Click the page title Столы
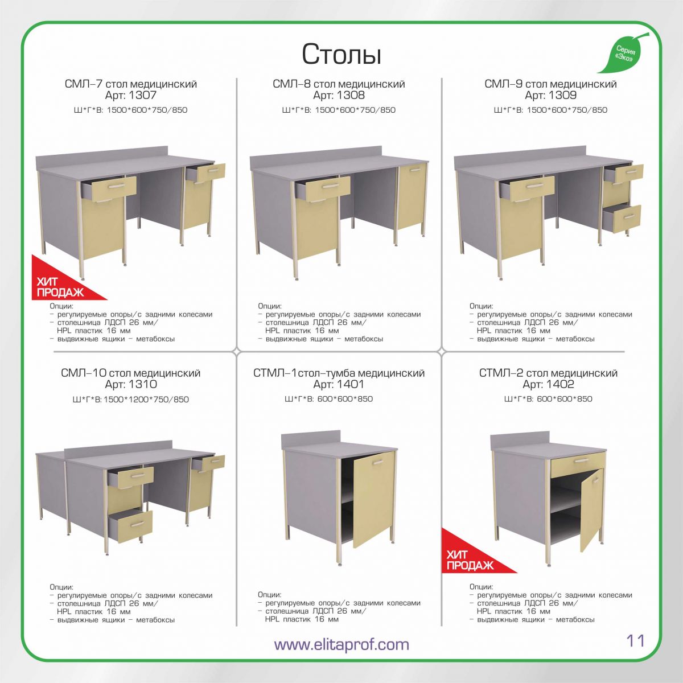[341, 54]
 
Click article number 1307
[142, 96]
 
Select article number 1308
[351, 96]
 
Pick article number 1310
[143, 384]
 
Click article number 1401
[351, 384]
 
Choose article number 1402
[560, 384]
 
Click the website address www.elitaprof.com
[341, 644]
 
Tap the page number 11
[636, 640]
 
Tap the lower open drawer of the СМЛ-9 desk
[623, 219]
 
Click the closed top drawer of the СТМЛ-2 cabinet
[577, 464]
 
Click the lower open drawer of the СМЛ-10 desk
[131, 528]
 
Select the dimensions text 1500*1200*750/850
[146, 399]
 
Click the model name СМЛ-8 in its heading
[291, 84]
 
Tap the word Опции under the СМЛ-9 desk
[481, 306]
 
